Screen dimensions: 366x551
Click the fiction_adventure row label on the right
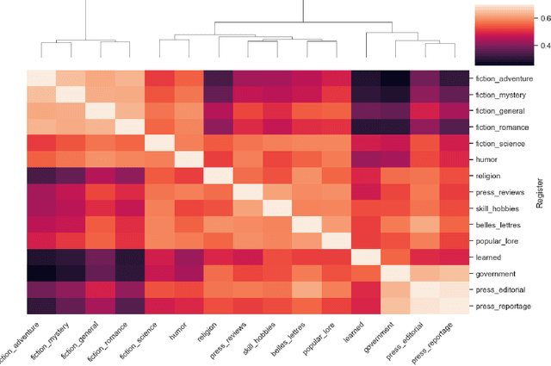(x=504, y=78)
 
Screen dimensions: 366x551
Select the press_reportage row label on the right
(x=504, y=306)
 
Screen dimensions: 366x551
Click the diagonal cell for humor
(x=189, y=159)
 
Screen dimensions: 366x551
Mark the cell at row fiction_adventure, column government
(x=395, y=78)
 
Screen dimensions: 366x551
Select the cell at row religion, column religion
(x=219, y=176)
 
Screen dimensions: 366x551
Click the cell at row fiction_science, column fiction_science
(x=159, y=143)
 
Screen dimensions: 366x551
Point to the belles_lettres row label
(x=498, y=224)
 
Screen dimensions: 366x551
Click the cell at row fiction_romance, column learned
(x=366, y=127)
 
